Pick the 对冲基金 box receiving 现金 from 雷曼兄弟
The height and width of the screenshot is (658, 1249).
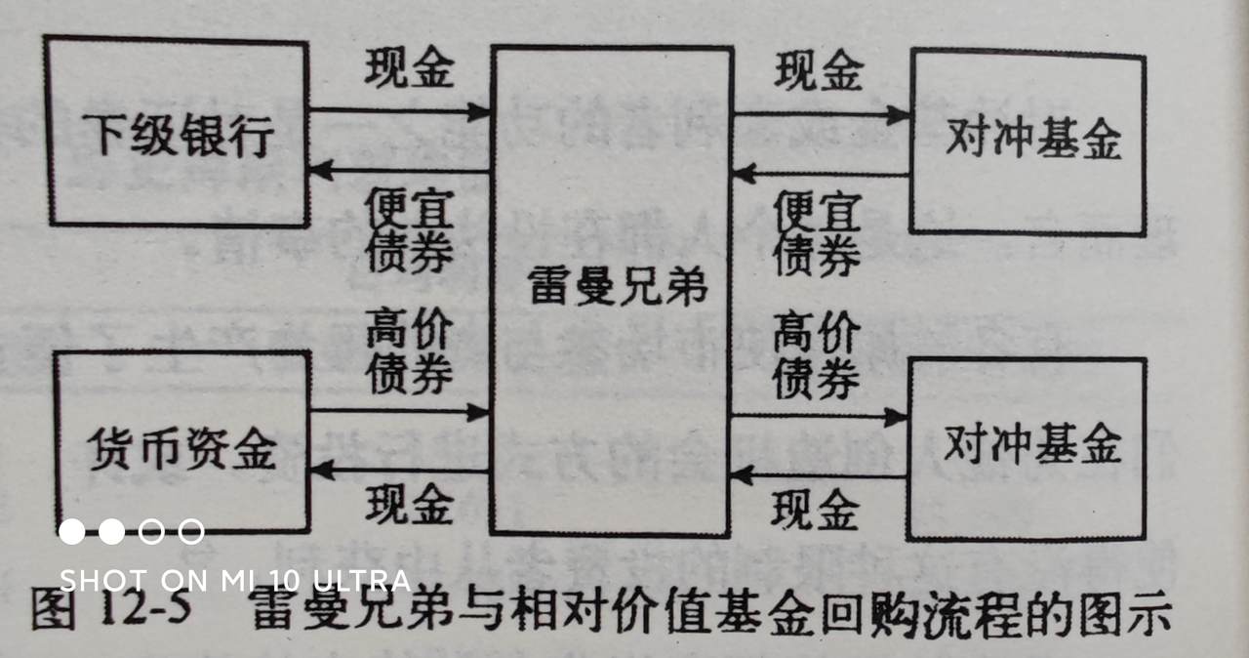pyautogui.click(x=1027, y=143)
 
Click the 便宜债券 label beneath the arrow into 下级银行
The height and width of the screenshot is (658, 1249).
pyautogui.click(x=410, y=230)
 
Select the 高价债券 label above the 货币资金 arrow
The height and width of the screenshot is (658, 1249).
pyautogui.click(x=410, y=353)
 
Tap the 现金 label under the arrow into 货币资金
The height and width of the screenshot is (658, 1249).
pyautogui.click(x=410, y=504)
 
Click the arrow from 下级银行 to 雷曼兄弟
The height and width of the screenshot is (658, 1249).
pyautogui.click(x=400, y=113)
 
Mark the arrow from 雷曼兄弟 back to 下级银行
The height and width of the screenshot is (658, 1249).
pyautogui.click(x=400, y=172)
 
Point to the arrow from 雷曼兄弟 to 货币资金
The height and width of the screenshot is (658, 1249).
pyautogui.click(x=400, y=472)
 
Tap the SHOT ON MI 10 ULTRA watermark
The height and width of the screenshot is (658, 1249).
pyautogui.click(x=234, y=580)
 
